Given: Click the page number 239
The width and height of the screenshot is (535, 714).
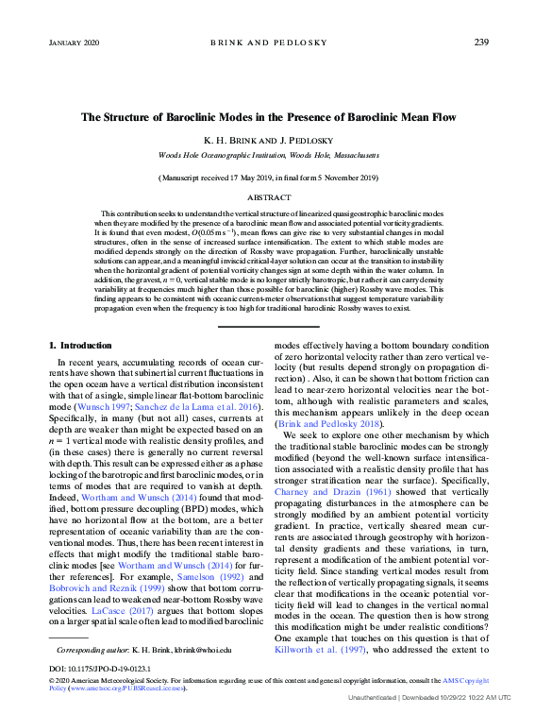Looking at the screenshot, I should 480,42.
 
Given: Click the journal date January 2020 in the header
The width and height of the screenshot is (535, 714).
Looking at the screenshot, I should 75,42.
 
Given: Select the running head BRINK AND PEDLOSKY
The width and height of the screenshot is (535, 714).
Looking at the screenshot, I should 268,42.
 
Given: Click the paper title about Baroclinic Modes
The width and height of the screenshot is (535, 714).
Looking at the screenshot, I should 268,118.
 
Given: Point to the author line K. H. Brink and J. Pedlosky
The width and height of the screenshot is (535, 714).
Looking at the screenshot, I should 268,140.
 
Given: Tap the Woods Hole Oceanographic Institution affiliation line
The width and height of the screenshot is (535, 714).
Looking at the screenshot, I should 268,154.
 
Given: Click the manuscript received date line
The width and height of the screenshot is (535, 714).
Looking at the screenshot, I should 268,177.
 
